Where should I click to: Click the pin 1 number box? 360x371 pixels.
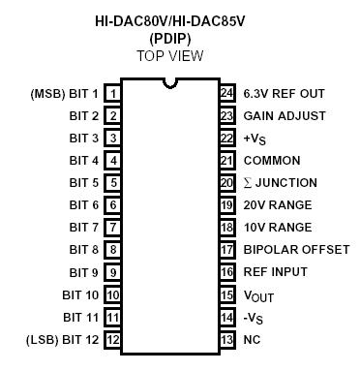click(x=113, y=94)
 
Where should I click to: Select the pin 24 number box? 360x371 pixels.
click(x=227, y=94)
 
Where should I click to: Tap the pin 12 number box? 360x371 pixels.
click(x=113, y=340)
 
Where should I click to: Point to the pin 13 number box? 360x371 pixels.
click(x=227, y=340)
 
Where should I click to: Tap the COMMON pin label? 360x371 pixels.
click(x=272, y=161)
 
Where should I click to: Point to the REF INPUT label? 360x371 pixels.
click(x=277, y=272)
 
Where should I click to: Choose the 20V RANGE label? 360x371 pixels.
click(x=278, y=205)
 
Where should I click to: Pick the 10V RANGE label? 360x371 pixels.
click(x=278, y=228)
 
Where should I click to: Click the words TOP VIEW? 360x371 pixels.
click(x=170, y=55)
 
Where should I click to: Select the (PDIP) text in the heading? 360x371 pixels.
click(x=170, y=38)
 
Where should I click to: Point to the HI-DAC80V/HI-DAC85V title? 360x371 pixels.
click(x=170, y=20)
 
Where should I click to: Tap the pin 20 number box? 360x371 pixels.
click(x=227, y=183)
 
